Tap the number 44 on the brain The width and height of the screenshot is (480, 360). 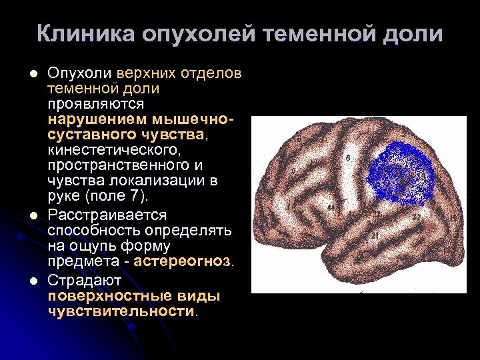[x=332, y=208]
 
